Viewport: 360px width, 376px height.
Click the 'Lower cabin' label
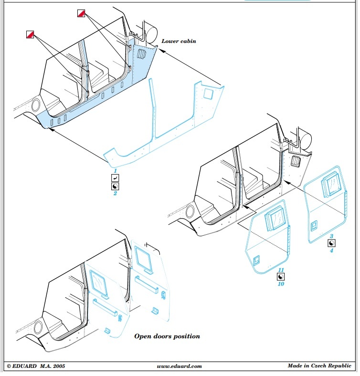click(x=179, y=41)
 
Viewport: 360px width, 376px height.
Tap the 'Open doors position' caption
click(x=167, y=336)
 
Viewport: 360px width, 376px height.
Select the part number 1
click(x=115, y=171)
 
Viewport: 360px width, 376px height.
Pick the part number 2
click(x=115, y=193)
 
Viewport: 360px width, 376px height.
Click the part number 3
click(x=331, y=236)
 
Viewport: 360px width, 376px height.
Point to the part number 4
click(x=331, y=251)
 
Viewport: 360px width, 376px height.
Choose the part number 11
click(x=281, y=270)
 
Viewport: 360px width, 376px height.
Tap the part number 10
click(x=281, y=284)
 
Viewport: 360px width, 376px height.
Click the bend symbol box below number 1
click(x=115, y=178)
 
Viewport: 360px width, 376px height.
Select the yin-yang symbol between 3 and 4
click(x=331, y=243)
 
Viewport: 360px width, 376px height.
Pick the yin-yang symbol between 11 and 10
click(x=281, y=277)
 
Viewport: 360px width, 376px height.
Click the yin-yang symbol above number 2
click(x=115, y=186)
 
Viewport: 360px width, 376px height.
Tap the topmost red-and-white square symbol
click(x=81, y=13)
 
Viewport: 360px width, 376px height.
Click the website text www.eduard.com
click(x=179, y=366)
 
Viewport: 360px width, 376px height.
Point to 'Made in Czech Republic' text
click(x=319, y=366)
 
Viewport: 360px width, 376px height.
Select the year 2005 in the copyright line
click(x=59, y=366)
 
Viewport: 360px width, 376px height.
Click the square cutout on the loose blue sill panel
click(x=208, y=94)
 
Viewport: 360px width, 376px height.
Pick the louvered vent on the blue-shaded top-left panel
click(x=141, y=54)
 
